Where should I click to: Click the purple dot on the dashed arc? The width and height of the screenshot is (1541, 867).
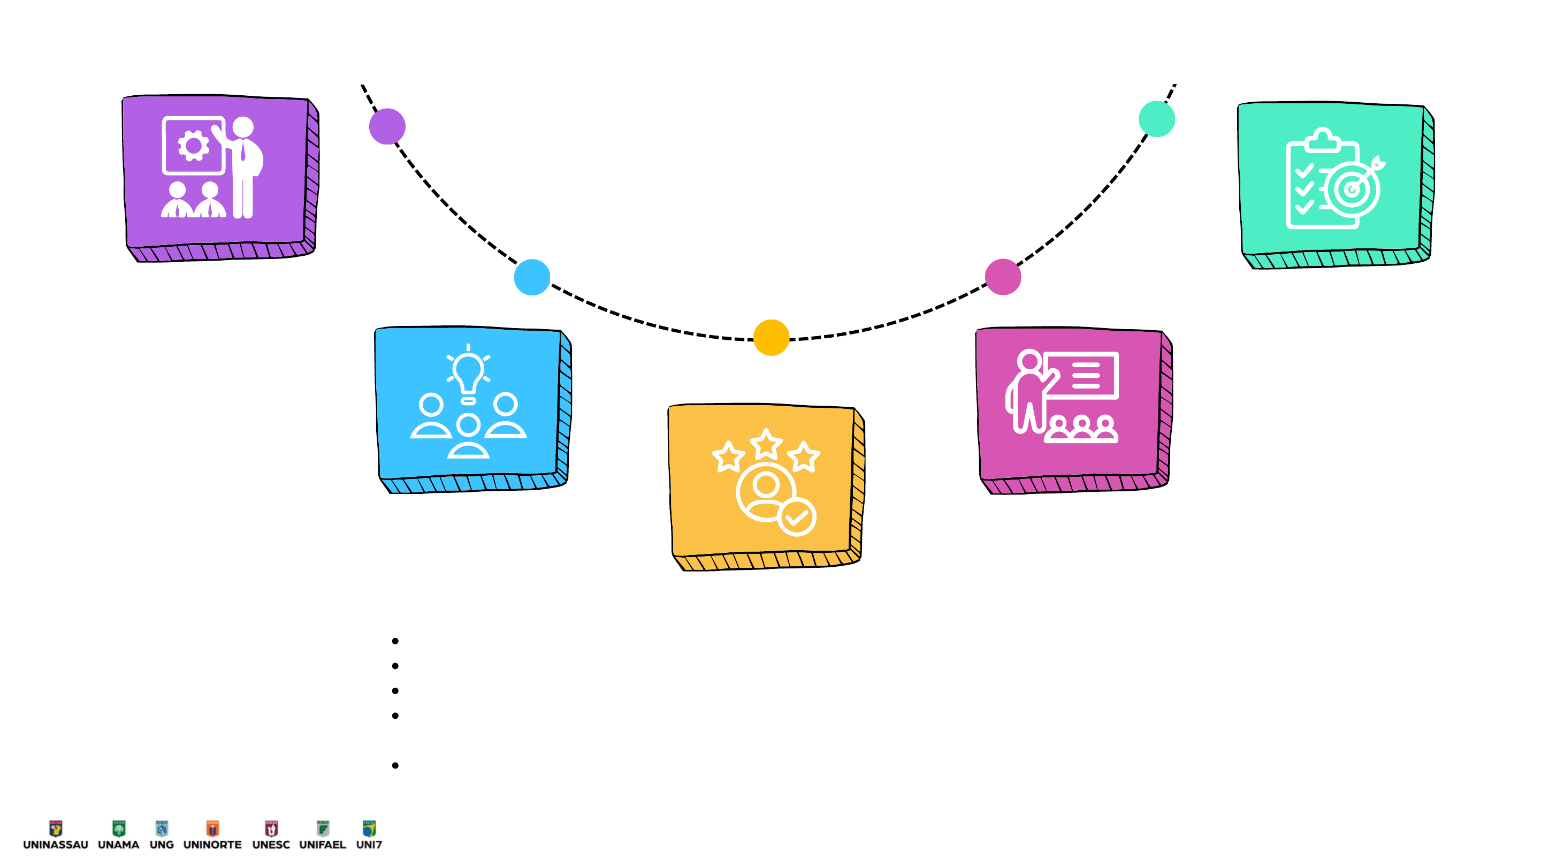(387, 126)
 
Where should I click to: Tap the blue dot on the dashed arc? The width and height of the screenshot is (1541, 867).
(532, 277)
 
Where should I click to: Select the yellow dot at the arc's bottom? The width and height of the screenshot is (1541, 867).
(771, 338)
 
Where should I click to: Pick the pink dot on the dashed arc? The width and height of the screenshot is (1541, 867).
(1003, 277)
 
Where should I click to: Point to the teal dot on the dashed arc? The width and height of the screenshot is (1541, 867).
(1156, 118)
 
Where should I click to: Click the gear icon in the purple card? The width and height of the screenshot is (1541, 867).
(193, 146)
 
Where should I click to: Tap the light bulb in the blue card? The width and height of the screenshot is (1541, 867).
(468, 372)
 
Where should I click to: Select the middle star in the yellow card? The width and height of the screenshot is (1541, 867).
(766, 444)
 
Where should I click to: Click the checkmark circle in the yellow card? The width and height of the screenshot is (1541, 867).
(796, 517)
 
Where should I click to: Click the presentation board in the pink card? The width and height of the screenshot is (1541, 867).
(1081, 375)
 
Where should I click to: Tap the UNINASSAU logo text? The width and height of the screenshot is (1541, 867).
(56, 845)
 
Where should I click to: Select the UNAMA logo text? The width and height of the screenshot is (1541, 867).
(118, 845)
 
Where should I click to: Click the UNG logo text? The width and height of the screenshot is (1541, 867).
(162, 845)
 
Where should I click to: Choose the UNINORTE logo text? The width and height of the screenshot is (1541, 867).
(212, 845)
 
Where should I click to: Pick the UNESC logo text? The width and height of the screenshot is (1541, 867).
(271, 845)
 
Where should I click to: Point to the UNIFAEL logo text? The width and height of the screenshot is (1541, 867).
(323, 845)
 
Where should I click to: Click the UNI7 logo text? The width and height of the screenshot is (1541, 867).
(369, 845)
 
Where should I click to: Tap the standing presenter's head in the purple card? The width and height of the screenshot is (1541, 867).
(243, 127)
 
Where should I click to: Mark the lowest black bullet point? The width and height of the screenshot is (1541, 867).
(395, 765)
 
